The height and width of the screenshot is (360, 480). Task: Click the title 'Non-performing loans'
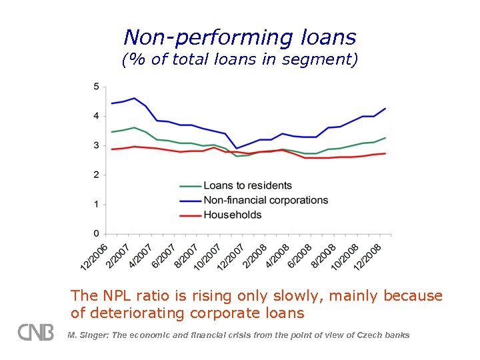tap(240, 37)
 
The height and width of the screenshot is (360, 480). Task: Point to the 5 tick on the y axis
tap(96, 87)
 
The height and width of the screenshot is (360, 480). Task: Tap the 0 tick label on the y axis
tap(96, 233)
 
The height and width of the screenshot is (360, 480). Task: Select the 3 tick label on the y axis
tap(96, 145)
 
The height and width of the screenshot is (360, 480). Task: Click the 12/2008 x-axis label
tap(367, 257)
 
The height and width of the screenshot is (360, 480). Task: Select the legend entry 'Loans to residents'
tap(247, 185)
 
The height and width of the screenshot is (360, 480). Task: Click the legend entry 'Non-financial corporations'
tap(265, 200)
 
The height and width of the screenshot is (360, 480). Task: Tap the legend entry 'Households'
tap(232, 215)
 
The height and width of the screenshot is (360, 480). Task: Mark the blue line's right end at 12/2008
tap(385, 109)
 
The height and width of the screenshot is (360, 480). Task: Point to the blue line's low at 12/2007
tap(236, 148)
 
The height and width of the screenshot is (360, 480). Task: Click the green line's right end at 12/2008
tap(385, 138)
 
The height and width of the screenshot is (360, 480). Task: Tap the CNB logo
tap(35, 332)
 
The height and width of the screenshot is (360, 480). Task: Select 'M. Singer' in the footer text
tap(85, 335)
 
